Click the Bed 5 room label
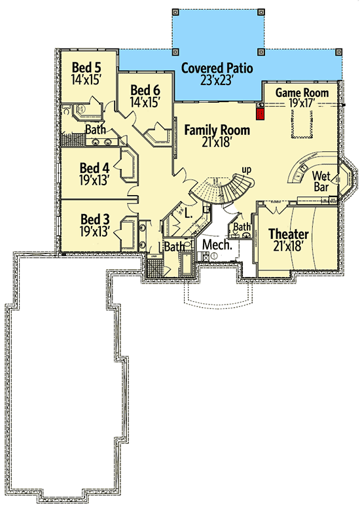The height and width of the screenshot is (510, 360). (x=86, y=67)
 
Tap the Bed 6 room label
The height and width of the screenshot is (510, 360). (x=145, y=90)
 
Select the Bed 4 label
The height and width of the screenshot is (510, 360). (x=94, y=168)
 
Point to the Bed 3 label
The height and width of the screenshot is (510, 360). (x=95, y=219)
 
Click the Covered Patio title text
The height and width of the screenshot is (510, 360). (x=217, y=68)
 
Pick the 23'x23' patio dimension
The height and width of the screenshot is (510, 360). (x=216, y=80)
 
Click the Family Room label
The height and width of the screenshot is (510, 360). (x=217, y=130)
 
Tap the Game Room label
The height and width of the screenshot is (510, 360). (x=302, y=93)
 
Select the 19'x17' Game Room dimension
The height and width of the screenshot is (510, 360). (x=302, y=103)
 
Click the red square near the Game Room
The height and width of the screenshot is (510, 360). (x=260, y=115)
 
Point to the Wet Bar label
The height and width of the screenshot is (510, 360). (x=321, y=181)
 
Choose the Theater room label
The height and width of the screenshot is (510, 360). (x=289, y=234)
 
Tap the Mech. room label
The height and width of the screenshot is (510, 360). (x=217, y=245)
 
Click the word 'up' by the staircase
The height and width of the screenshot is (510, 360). (x=246, y=170)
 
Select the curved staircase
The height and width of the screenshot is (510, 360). (x=222, y=190)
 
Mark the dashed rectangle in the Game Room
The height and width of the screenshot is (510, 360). (x=302, y=124)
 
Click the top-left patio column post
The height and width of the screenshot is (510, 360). (x=175, y=12)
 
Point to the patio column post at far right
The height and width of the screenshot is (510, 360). (x=339, y=52)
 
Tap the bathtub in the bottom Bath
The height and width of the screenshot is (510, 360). (x=187, y=263)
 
